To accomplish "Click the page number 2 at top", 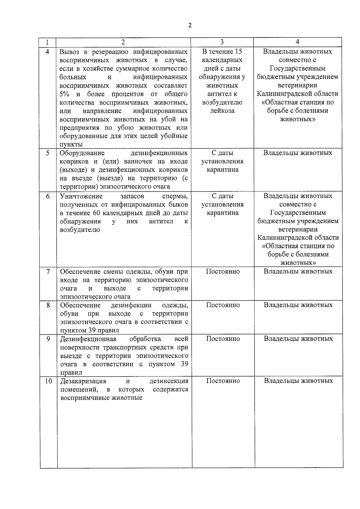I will (x=190, y=25).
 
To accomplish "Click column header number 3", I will (x=222, y=42).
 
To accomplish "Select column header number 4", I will (x=297, y=42).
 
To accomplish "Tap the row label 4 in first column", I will (x=47, y=51).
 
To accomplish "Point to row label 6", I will (x=48, y=196).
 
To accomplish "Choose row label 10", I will (x=48, y=381).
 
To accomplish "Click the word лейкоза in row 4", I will (x=222, y=111).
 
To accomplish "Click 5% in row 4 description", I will (x=64, y=94).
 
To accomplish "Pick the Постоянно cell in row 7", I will (x=223, y=271).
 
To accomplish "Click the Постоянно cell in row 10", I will (x=223, y=381).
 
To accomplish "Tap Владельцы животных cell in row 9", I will (x=298, y=339).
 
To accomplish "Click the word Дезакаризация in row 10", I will (x=83, y=381).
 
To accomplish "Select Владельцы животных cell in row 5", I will (x=298, y=153).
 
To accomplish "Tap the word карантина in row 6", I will (x=222, y=213).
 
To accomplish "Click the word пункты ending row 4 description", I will (x=71, y=145).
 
